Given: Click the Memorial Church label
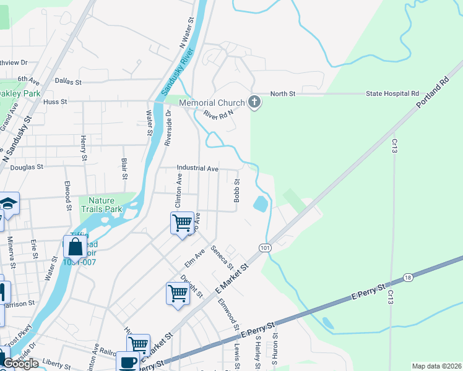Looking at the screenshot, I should (x=212, y=103).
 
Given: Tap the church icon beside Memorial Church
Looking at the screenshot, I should (x=254, y=102).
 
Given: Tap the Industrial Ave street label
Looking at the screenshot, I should (x=197, y=168).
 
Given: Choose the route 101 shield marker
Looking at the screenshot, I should (x=265, y=248).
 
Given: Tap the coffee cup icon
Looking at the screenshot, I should (x=128, y=362).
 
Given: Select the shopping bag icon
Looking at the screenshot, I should (x=75, y=247).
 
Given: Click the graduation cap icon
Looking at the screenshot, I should (x=8, y=203).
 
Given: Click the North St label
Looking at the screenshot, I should (x=283, y=93).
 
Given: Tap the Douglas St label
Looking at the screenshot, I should (x=27, y=167).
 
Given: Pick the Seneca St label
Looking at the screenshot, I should (x=222, y=258).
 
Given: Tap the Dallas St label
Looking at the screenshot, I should (x=68, y=81).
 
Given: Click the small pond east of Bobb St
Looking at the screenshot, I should (x=261, y=203).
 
